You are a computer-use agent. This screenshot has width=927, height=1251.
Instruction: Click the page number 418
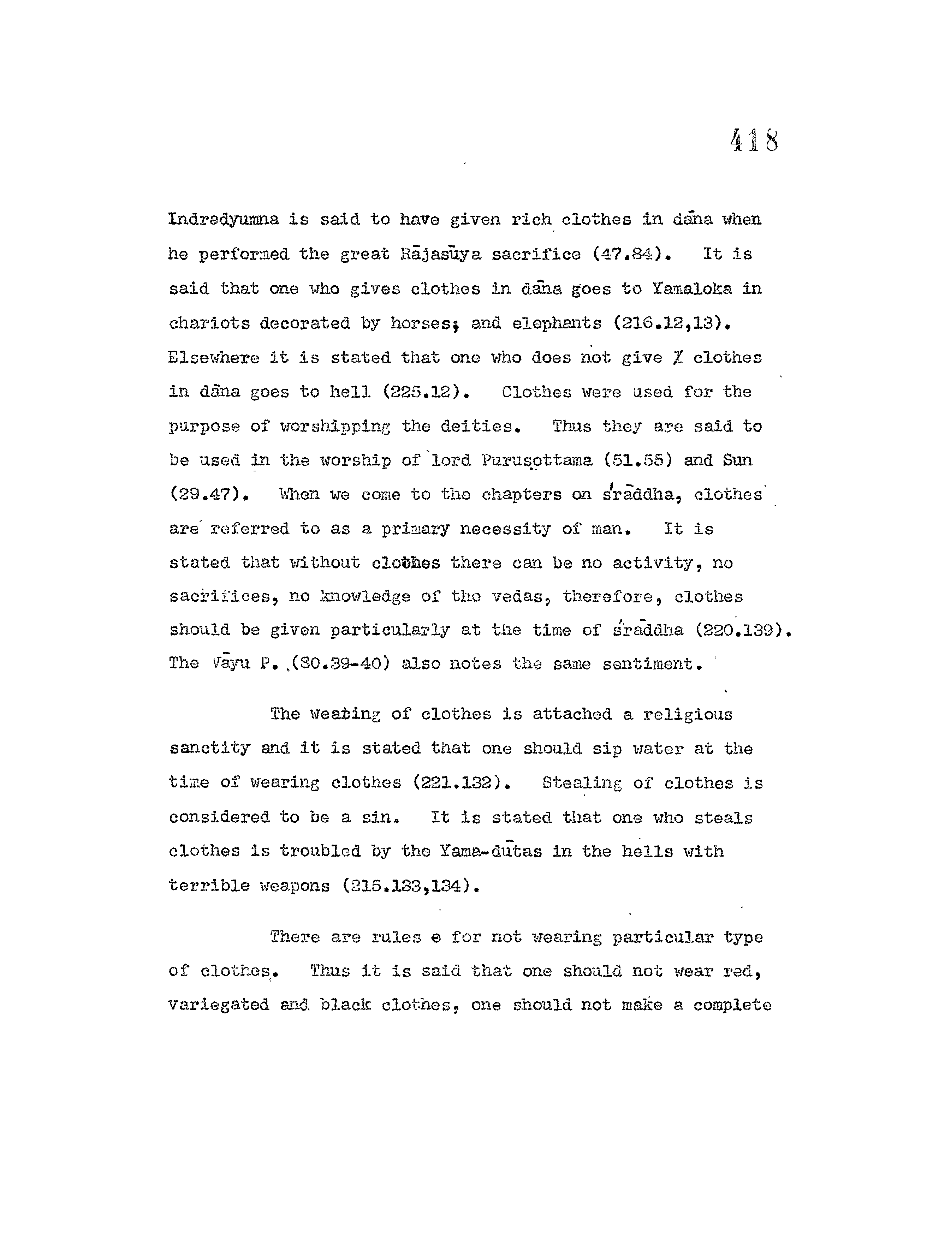click(754, 140)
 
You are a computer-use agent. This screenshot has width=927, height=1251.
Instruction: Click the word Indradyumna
click(223, 219)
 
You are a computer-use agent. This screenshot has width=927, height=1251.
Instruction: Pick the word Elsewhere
click(213, 358)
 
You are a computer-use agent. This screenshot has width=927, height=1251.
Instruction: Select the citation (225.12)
click(425, 392)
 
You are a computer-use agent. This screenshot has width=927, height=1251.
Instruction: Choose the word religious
click(688, 715)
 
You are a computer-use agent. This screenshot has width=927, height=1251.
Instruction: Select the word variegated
click(219, 1005)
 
